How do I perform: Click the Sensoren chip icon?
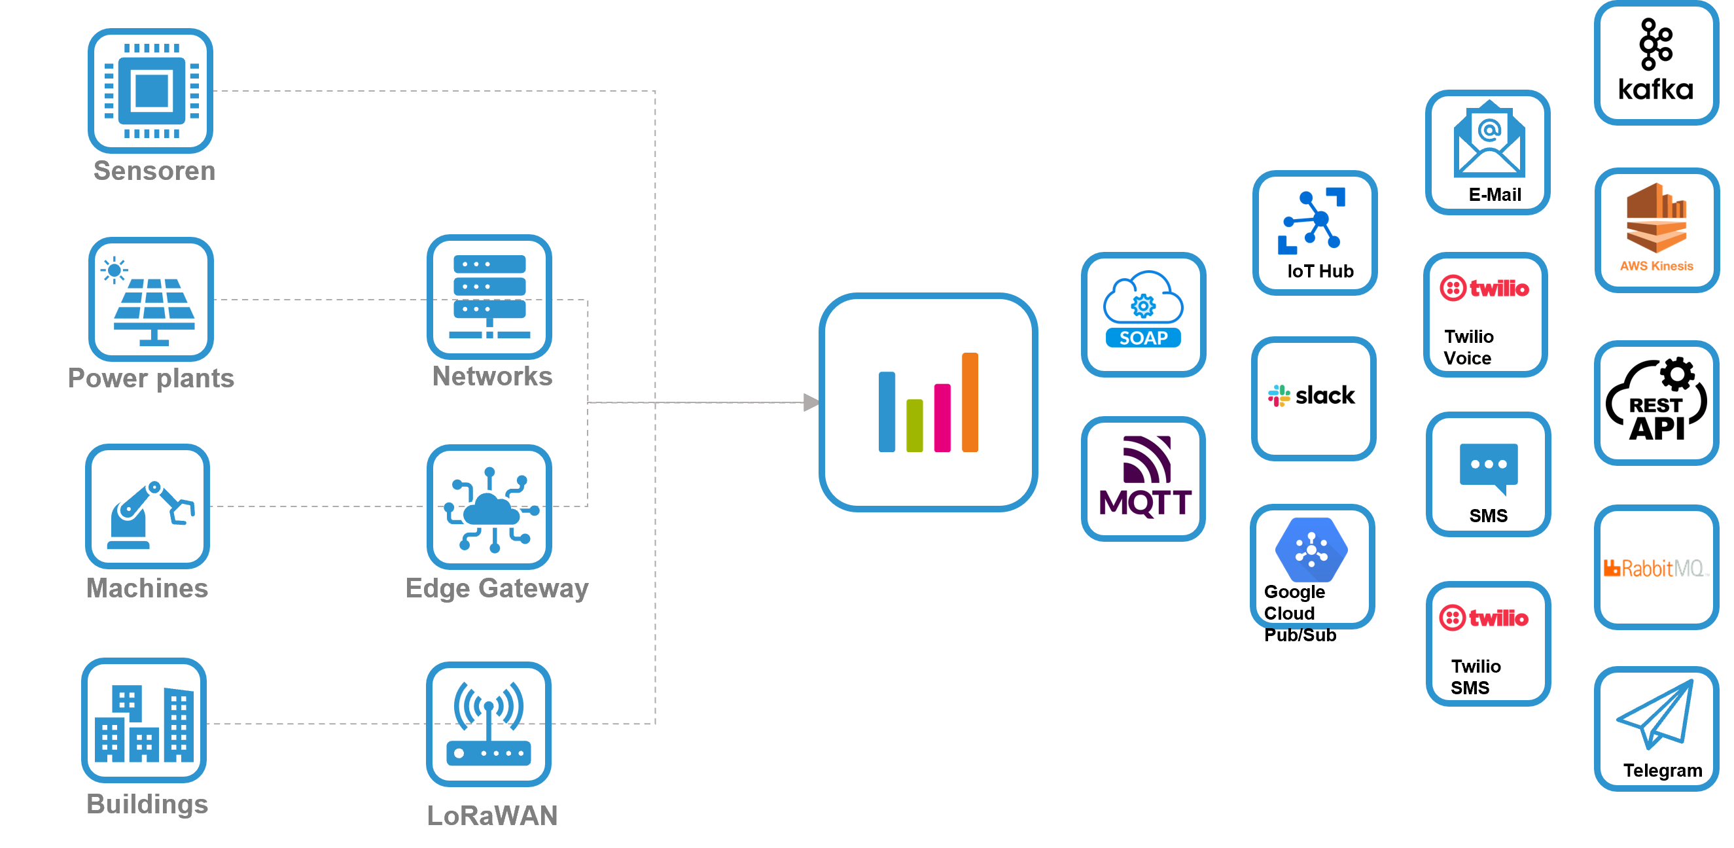[150, 91]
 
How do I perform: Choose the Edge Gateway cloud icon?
[489, 508]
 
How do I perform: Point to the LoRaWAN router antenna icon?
[489, 724]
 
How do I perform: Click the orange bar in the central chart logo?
[969, 402]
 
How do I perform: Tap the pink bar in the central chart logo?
[942, 417]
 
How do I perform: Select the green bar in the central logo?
[914, 425]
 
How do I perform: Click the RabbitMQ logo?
[1656, 569]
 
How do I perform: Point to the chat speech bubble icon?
[1489, 468]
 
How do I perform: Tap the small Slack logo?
[1279, 396]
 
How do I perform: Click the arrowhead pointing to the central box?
[811, 402]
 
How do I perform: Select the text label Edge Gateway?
[497, 588]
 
